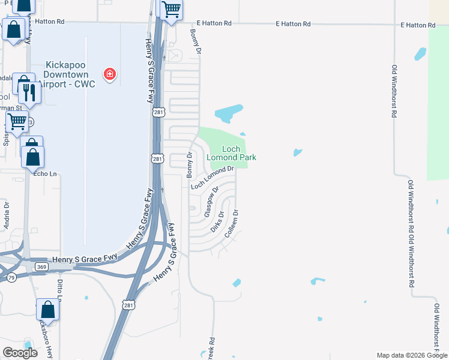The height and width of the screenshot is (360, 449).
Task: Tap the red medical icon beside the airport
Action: click(x=110, y=74)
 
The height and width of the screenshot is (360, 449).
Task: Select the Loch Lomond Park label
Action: click(x=232, y=153)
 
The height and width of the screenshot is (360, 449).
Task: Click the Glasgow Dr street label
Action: click(x=209, y=205)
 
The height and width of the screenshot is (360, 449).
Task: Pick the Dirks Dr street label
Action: click(x=218, y=221)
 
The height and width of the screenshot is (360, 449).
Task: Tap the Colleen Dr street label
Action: click(x=232, y=224)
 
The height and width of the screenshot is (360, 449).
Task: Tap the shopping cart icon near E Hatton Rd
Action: click(x=171, y=9)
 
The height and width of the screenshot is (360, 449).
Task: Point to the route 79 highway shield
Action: click(x=11, y=277)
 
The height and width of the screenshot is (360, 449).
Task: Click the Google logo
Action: click(x=20, y=352)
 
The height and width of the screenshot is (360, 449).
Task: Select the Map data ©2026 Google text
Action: click(x=411, y=355)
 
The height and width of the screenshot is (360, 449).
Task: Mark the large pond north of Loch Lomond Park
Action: click(x=229, y=112)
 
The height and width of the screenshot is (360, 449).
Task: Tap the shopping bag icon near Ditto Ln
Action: click(x=47, y=310)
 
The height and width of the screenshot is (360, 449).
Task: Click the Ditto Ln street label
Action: click(x=60, y=292)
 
